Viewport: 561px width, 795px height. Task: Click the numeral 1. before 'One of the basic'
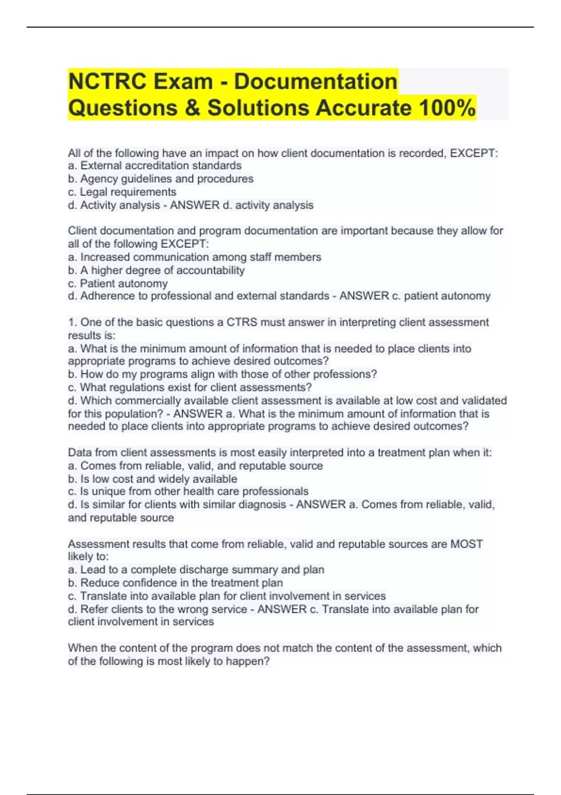pos(72,322)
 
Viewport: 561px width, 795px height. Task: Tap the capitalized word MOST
pos(466,544)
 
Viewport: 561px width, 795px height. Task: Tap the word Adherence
pos(102,296)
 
